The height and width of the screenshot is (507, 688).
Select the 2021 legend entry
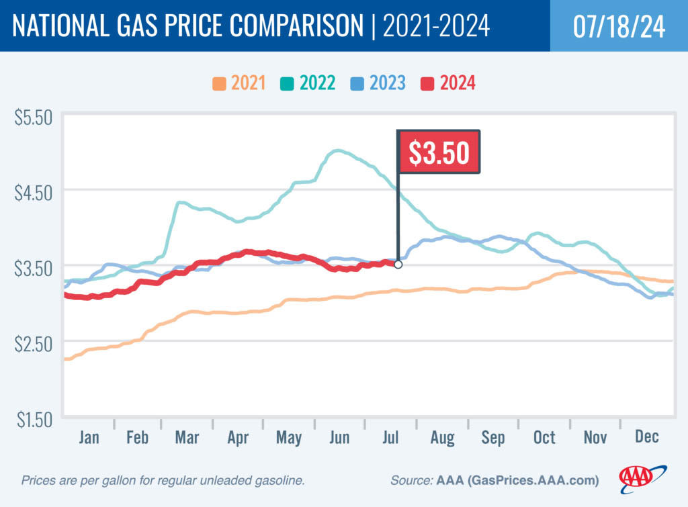point(239,84)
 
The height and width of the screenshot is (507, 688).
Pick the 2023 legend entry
point(378,84)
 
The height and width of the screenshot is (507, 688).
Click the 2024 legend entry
point(448,84)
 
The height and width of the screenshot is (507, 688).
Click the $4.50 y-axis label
point(33,193)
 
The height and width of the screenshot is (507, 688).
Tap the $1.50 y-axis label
point(33,419)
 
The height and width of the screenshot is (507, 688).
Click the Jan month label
point(88,438)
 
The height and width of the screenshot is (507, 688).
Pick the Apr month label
point(239,438)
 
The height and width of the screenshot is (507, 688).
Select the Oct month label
point(544,438)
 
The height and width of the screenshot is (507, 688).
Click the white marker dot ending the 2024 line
point(398,265)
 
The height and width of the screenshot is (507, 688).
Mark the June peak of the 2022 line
point(338,150)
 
